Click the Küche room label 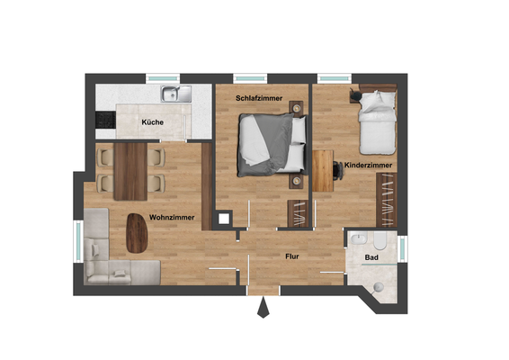coord(152,122)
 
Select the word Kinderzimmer coord(366,165)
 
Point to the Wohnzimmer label coord(173,217)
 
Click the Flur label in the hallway coord(292,257)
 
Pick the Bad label coord(371,258)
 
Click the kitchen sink coord(173,93)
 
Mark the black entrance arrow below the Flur coord(263,309)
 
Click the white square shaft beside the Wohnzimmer coord(222,218)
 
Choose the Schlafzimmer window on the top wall coord(254,77)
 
